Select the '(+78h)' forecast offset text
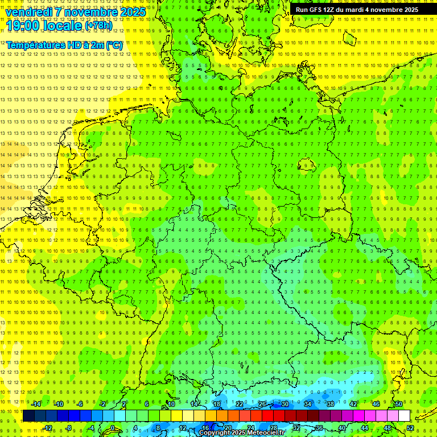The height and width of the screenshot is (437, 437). (x=98, y=25)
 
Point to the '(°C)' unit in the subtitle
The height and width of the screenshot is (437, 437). (x=114, y=44)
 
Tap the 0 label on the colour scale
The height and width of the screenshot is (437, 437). (x=112, y=428)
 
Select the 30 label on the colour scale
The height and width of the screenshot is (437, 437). (x=285, y=404)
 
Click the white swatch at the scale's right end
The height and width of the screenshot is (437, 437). (x=405, y=415)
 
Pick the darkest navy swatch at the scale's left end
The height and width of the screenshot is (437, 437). (x=28, y=415)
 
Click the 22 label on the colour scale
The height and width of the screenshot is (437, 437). (x=240, y=404)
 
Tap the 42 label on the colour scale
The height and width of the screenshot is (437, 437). (x=353, y=404)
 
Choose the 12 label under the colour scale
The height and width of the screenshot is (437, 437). (x=183, y=428)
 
